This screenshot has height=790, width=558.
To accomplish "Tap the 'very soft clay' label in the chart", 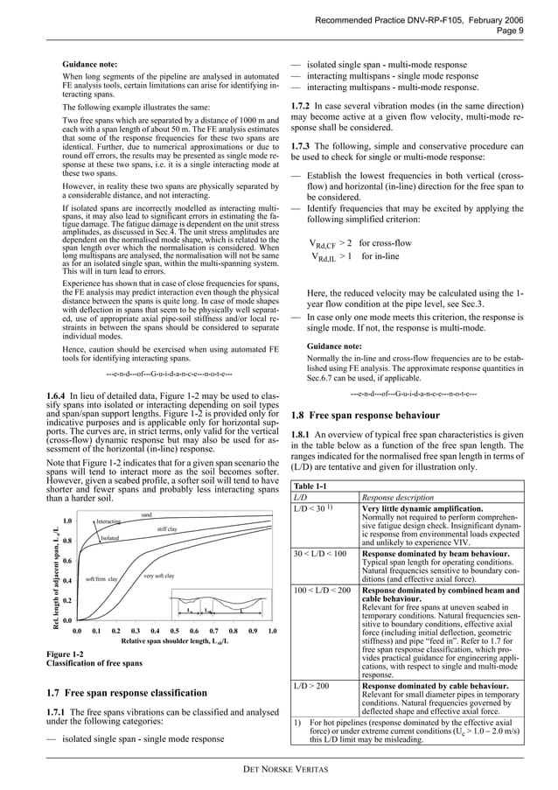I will point(158,575).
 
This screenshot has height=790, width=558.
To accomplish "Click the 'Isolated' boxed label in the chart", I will point(109,538).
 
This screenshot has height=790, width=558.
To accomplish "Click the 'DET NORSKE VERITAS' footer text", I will point(279,769).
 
